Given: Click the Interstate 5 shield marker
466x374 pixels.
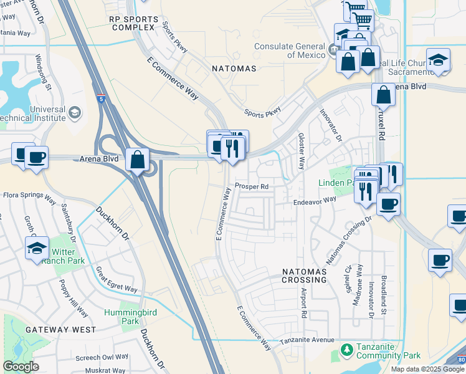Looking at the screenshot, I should [101, 98].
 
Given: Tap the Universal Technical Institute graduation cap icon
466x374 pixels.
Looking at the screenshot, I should [75, 112].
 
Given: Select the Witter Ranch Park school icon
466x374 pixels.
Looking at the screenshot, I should [37, 248].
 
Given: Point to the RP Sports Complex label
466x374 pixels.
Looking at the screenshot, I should [131, 24].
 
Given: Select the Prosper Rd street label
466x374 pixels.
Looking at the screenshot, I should [252, 186].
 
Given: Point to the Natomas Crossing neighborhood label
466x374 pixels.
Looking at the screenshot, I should [304, 276].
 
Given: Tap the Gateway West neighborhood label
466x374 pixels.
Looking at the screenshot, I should [61, 329].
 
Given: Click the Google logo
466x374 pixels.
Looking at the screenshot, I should [21, 367].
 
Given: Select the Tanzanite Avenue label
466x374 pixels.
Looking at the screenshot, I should [307, 340].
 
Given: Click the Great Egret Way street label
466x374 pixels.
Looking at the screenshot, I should [117, 280].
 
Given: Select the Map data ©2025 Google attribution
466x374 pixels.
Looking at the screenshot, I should [427, 369].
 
